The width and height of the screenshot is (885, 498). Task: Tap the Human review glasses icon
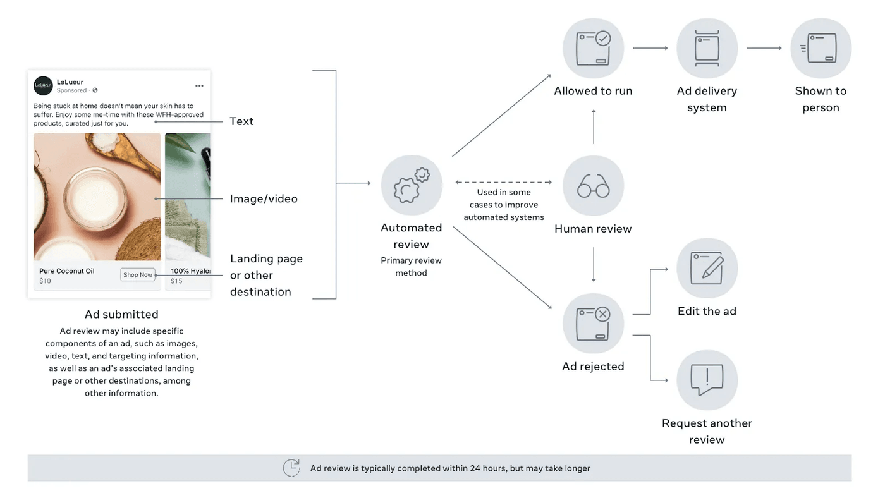[x=593, y=186]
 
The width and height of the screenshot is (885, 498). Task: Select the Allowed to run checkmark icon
[x=593, y=48]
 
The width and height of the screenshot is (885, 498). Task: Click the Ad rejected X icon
[x=593, y=323]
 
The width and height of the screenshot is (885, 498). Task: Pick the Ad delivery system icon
[x=707, y=48]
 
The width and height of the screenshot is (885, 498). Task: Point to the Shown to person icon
[x=821, y=48]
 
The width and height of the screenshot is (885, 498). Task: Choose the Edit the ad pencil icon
[x=707, y=268]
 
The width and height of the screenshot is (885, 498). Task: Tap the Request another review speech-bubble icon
[x=707, y=380]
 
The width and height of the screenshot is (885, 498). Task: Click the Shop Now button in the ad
[x=138, y=275]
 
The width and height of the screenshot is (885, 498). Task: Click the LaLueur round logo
[x=43, y=85]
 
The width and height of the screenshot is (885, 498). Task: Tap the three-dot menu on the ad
[x=199, y=86]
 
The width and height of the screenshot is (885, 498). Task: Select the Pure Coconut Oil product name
[x=67, y=271]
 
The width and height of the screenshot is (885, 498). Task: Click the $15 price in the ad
[x=176, y=281]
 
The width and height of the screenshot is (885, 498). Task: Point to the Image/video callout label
[x=264, y=199]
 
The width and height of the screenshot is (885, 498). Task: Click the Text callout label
[x=241, y=121]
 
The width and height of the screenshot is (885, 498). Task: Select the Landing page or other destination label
[x=266, y=276]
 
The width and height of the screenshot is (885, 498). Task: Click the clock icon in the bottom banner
[x=291, y=468]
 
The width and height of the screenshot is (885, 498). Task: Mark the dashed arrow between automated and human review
[x=504, y=182]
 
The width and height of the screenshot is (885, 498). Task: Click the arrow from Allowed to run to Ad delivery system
[x=650, y=48]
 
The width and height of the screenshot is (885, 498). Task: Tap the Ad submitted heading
[x=121, y=314]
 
